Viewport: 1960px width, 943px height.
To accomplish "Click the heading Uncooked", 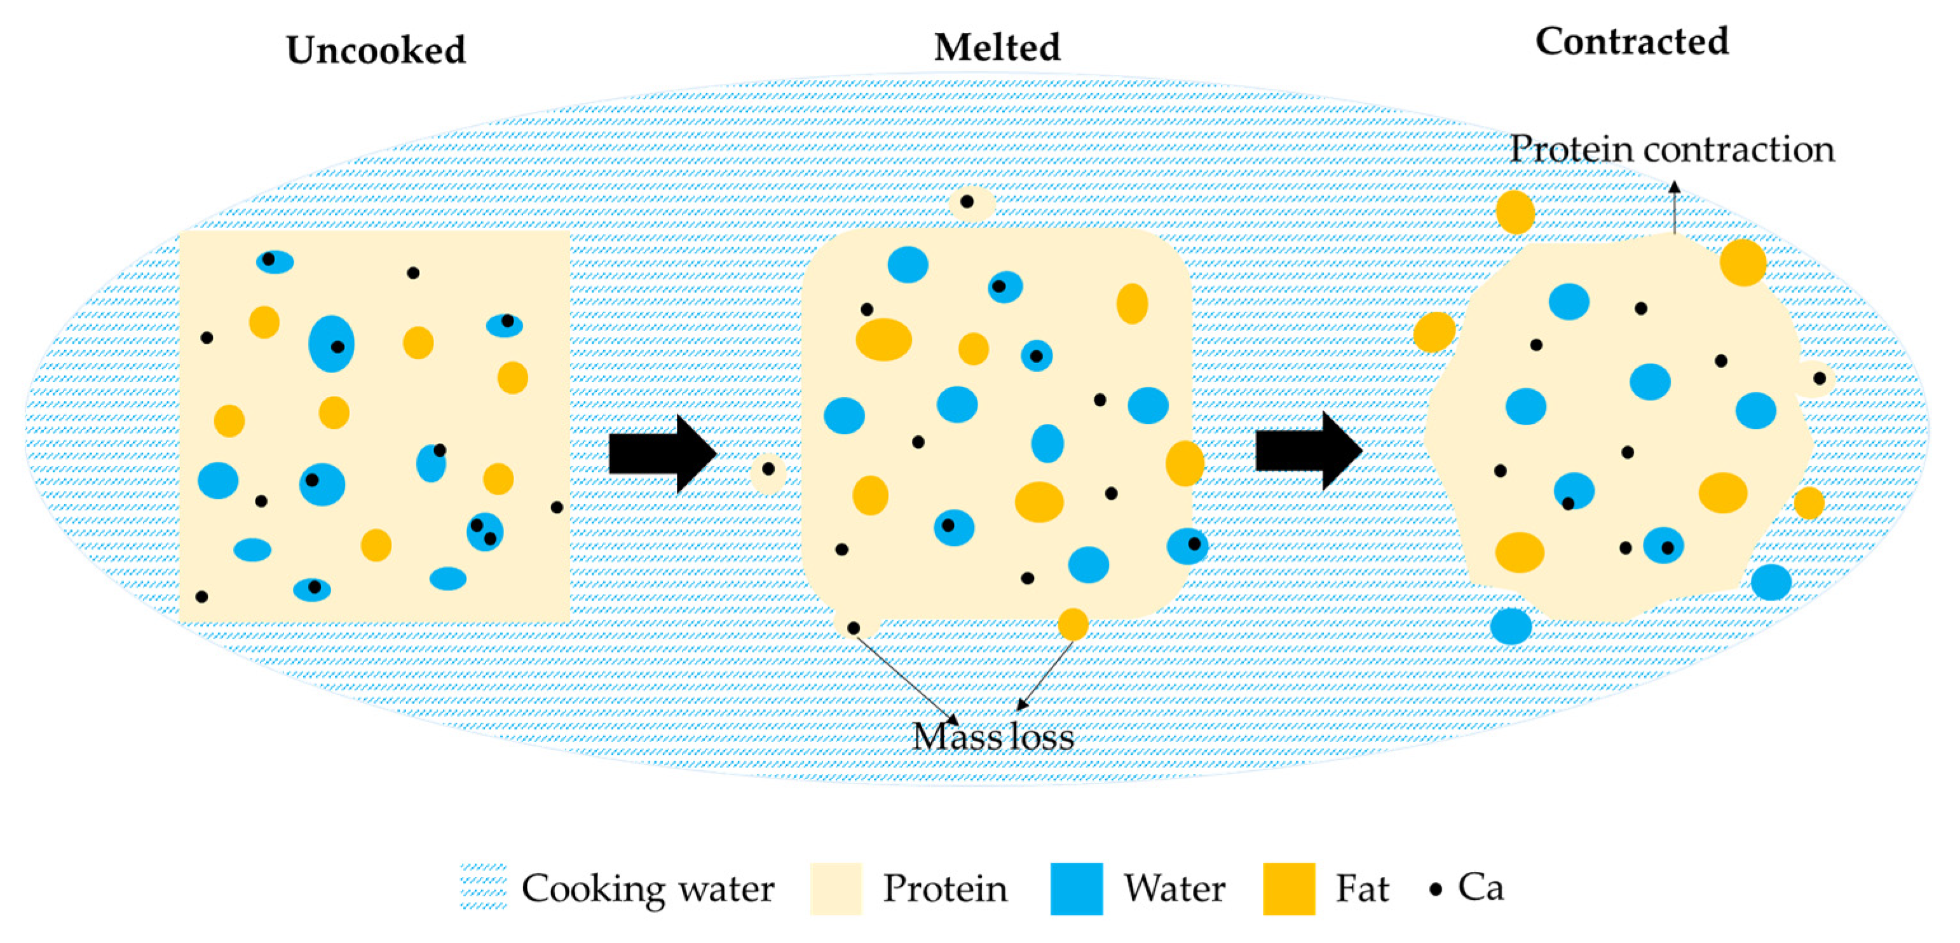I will click(x=375, y=50).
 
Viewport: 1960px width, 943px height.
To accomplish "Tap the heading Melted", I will click(x=996, y=47).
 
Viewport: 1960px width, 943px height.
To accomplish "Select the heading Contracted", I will click(x=1631, y=41).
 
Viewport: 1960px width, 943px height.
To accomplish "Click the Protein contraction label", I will click(x=1671, y=149).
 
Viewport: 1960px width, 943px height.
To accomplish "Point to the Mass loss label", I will click(x=993, y=736).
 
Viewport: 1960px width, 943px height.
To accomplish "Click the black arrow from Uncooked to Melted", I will click(x=662, y=454).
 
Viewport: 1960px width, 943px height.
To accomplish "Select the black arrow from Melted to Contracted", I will click(x=1308, y=451).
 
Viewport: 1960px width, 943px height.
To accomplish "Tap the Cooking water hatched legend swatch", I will click(x=483, y=886).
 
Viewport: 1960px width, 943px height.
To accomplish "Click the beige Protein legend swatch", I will click(x=836, y=888).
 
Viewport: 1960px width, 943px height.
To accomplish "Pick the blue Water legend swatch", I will click(x=1076, y=888).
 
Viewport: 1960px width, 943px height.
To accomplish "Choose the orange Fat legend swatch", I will click(x=1288, y=888).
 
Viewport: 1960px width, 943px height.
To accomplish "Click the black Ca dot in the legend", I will click(x=1435, y=889).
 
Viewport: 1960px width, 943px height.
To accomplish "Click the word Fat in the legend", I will click(x=1362, y=888).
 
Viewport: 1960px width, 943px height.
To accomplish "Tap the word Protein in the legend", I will click(x=945, y=888).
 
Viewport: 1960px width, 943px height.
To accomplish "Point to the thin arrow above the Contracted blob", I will click(x=1674, y=207).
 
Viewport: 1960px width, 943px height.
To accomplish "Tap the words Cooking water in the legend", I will click(x=648, y=888).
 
